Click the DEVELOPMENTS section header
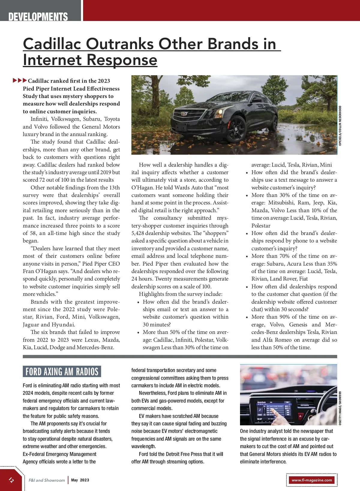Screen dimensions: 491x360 click(38, 17)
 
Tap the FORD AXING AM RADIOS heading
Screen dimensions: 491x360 click(62, 372)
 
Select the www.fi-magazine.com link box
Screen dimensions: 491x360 click(312, 480)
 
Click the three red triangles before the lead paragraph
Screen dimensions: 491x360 click(20, 80)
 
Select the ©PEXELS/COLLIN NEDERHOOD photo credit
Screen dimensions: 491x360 click(340, 126)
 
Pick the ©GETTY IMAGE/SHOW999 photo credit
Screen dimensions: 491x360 click(340, 408)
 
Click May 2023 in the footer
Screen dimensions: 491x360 click(80, 480)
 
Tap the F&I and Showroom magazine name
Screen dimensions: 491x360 click(47, 480)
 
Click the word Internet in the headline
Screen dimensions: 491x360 click(52, 60)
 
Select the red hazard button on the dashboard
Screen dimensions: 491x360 click(300, 416)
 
